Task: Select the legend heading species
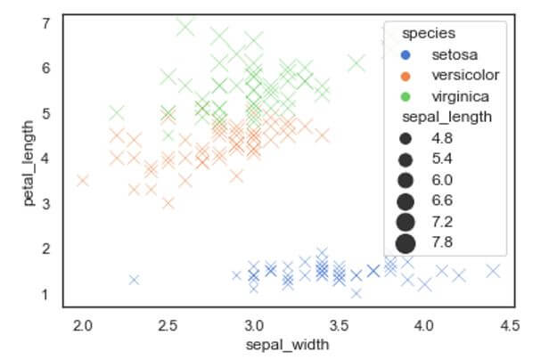[423, 34]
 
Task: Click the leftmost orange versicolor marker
[83, 181]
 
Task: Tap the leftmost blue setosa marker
[134, 280]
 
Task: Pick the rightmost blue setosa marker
[492, 271]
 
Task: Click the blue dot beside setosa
[406, 55]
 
